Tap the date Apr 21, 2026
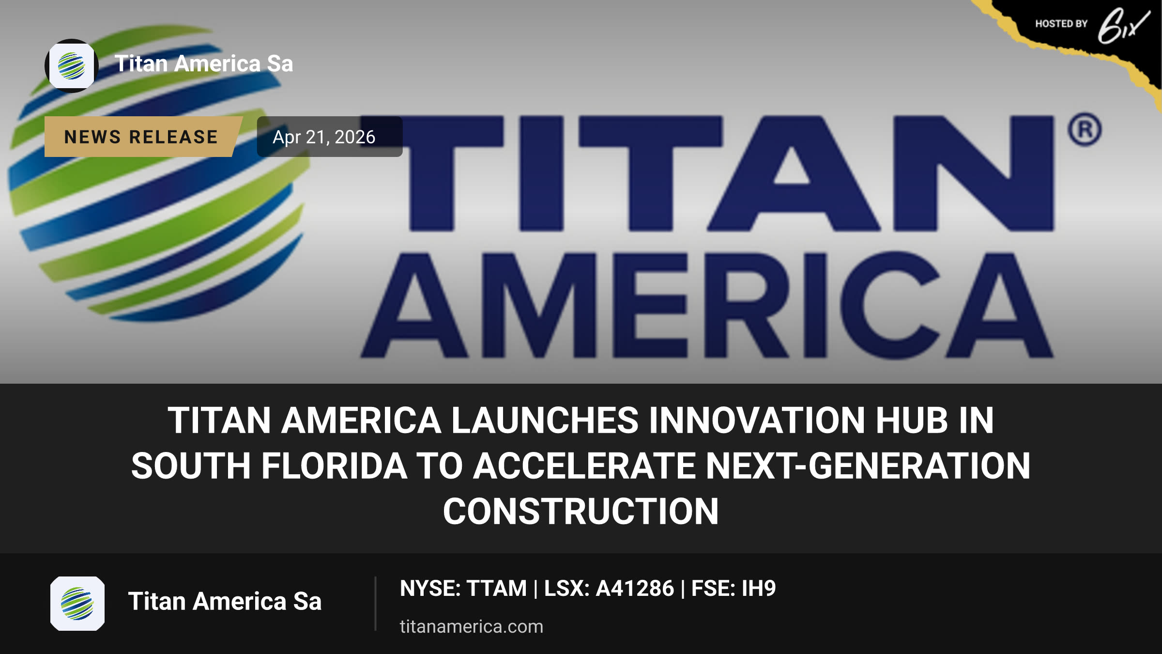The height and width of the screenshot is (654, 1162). tap(324, 137)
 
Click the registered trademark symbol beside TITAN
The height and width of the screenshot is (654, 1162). tap(1085, 129)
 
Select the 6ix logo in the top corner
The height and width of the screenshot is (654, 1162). tap(1123, 25)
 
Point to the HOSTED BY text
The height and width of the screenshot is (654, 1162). tap(1061, 24)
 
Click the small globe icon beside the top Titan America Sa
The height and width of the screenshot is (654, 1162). tap(72, 66)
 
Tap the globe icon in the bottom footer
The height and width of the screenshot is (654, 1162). tap(77, 604)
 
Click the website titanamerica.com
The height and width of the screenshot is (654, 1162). tap(472, 626)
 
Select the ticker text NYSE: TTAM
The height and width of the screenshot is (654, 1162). tap(463, 588)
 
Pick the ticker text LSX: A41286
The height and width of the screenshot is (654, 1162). tap(609, 588)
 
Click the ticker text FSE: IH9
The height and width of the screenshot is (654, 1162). tap(734, 588)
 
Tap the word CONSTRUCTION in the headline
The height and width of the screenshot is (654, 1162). tap(581, 512)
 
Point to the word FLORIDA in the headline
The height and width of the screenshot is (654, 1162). tap(335, 466)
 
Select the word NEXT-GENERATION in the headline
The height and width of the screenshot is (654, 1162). tap(868, 466)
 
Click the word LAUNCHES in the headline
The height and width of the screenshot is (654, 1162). tap(545, 420)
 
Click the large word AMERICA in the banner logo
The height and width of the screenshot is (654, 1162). tap(707, 305)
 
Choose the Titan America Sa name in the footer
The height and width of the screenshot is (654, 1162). tap(225, 601)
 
